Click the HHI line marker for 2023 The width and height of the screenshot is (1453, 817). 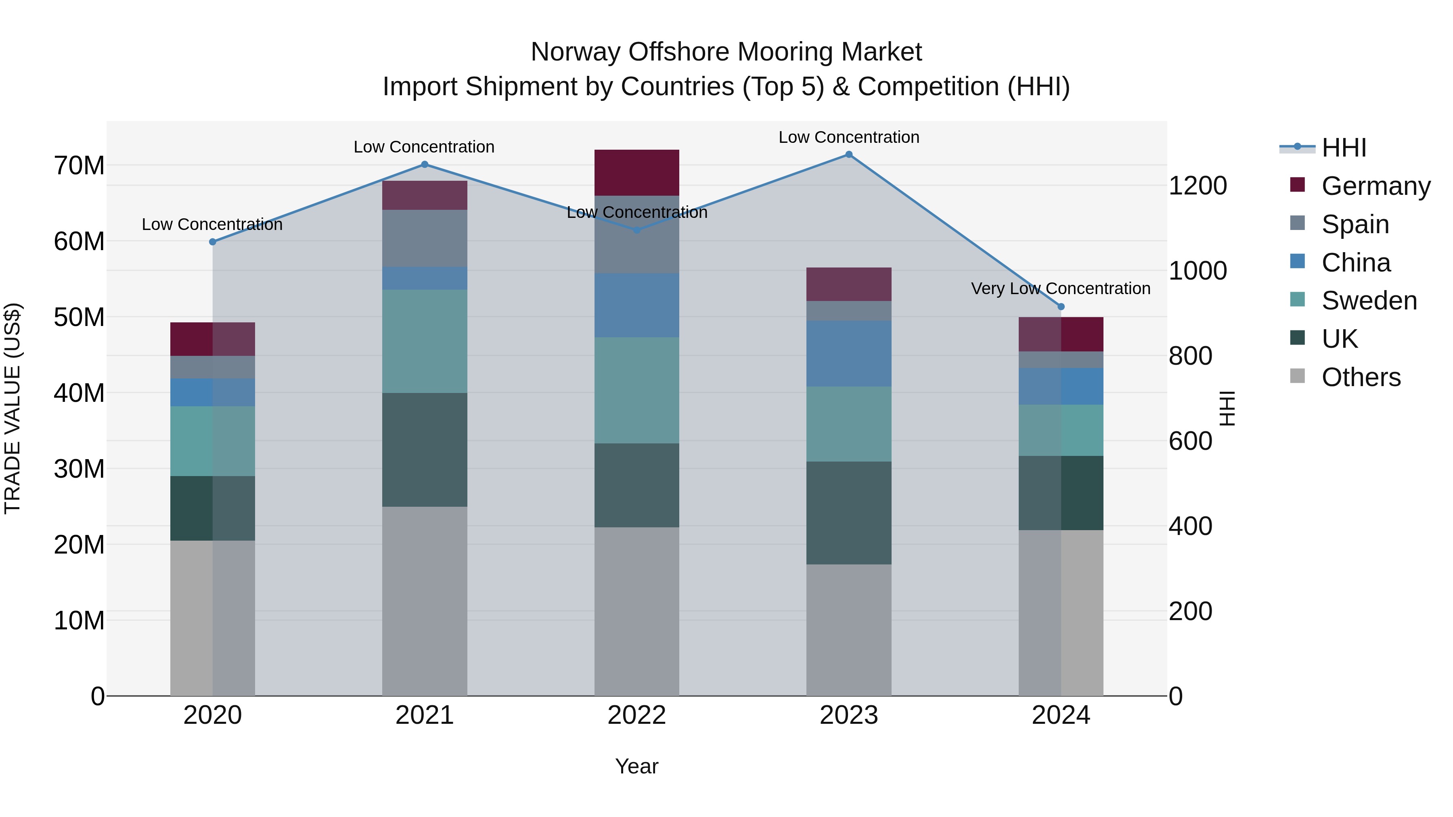pos(848,155)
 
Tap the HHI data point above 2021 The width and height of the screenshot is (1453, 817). pos(425,165)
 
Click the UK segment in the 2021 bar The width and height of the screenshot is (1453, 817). pos(425,449)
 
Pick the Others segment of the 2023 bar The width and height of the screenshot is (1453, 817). pos(848,630)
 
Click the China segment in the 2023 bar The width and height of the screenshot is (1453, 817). pos(848,353)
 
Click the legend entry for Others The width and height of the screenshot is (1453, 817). pos(1361,377)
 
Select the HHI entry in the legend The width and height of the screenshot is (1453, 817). pos(1344,148)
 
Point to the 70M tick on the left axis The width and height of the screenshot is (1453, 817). pos(79,166)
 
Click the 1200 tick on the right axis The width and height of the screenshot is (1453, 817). pos(1198,186)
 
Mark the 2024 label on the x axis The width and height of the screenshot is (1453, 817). pos(1060,715)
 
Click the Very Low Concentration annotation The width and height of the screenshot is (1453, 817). pos(1060,289)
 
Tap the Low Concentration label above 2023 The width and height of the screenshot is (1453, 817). pos(848,137)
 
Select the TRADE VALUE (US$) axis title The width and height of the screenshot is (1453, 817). pos(13,408)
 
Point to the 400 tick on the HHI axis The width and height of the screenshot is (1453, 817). pos(1190,526)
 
